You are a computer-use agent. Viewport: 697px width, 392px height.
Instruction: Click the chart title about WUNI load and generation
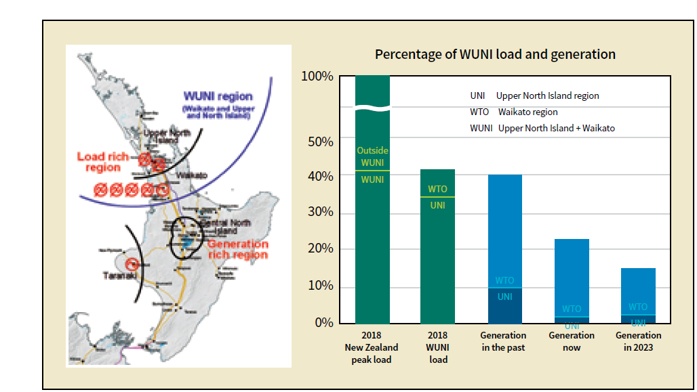495,54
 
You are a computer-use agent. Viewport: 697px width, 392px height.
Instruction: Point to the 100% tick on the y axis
317,77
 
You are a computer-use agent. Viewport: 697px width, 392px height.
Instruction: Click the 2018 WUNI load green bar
438,257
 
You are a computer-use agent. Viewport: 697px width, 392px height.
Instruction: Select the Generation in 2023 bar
638,291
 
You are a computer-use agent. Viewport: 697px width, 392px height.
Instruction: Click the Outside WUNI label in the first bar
372,156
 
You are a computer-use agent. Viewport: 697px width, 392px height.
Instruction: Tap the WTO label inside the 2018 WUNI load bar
437,189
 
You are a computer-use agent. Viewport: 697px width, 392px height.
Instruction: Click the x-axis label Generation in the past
503,341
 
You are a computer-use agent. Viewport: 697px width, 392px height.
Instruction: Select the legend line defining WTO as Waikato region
514,112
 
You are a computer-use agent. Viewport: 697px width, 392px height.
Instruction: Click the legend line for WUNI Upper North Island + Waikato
542,128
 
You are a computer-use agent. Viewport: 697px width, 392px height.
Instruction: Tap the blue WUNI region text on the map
217,97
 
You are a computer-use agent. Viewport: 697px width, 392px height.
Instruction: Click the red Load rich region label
102,162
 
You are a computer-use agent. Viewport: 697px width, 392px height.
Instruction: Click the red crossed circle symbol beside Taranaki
133,263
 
